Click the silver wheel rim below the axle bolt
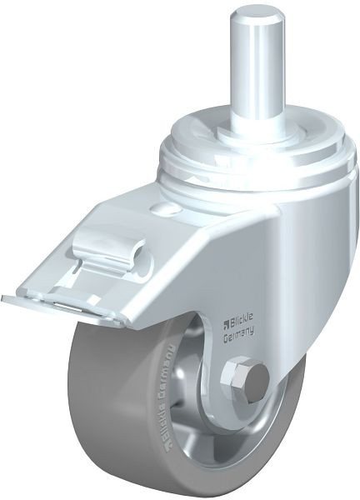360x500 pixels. coord(242,433)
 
